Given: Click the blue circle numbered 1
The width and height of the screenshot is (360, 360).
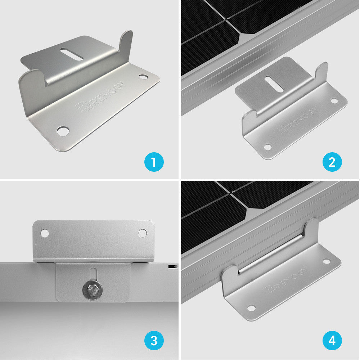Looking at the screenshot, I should click(x=154, y=162).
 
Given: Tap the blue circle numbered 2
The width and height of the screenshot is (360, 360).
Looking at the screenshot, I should click(x=332, y=162).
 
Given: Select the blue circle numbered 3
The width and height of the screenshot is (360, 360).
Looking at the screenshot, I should click(x=154, y=340).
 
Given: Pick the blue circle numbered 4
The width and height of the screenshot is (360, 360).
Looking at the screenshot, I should click(x=332, y=340).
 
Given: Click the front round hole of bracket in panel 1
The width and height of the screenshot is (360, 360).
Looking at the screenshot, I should click(x=63, y=131).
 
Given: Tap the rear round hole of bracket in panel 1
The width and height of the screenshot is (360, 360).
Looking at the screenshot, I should click(x=143, y=77).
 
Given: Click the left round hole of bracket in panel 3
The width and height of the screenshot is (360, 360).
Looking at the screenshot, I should click(x=45, y=233).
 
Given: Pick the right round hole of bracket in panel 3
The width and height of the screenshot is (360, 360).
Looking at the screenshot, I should click(x=143, y=233).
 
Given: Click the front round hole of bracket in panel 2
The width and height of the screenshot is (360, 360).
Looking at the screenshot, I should click(x=267, y=147).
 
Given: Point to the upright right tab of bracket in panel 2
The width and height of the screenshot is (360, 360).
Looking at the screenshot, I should click(x=322, y=71).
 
